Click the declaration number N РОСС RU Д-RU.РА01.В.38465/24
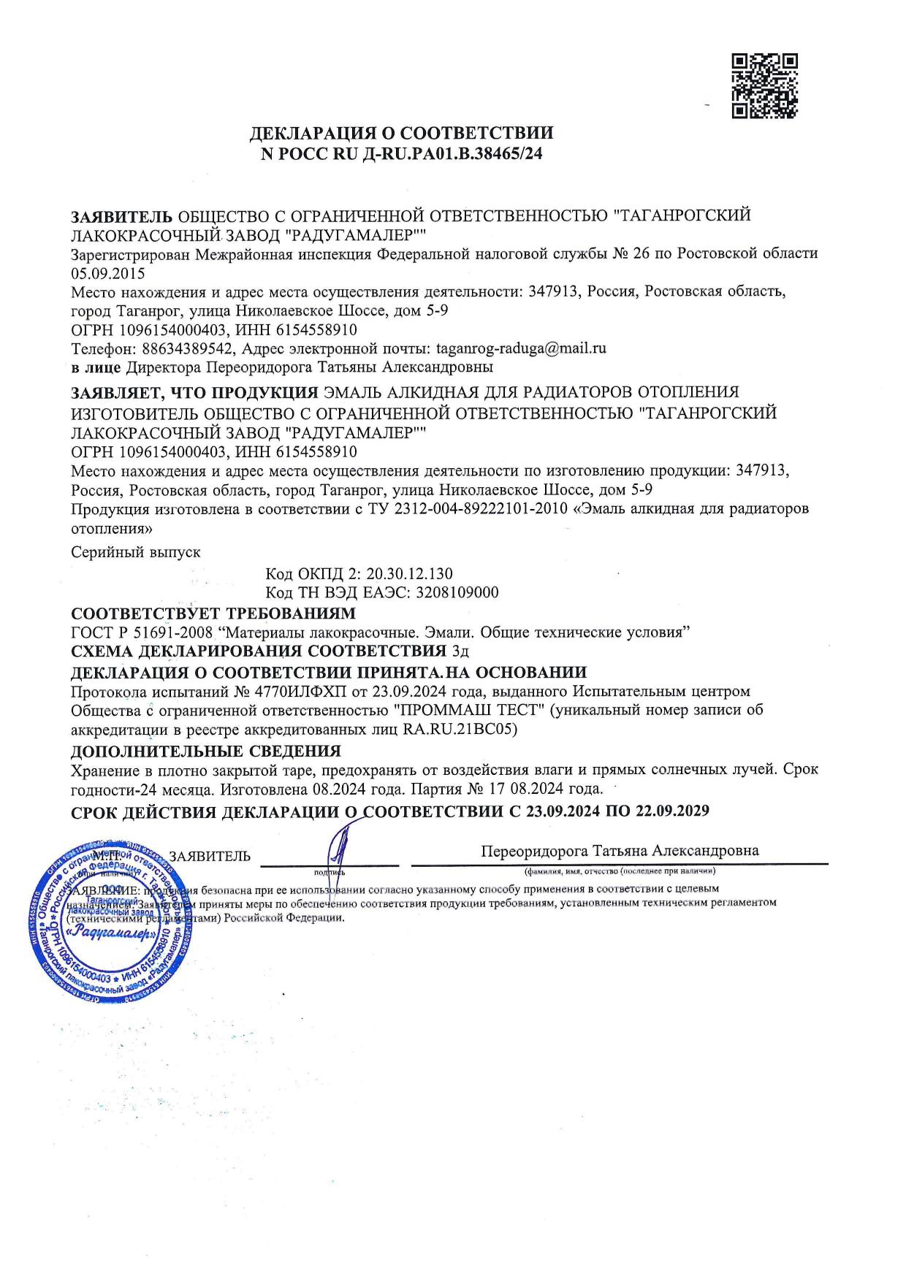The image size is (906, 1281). tap(401, 153)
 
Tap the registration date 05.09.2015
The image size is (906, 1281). tap(107, 274)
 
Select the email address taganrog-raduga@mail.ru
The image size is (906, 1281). tap(521, 348)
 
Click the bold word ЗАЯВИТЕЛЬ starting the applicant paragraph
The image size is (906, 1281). tap(121, 216)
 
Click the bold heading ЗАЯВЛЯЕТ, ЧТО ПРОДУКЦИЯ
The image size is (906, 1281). tap(194, 391)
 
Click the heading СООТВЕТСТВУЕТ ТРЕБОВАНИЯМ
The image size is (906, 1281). tap(213, 612)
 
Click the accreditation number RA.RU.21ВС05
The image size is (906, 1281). tap(460, 729)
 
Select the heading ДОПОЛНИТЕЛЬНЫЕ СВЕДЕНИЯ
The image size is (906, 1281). tap(205, 751)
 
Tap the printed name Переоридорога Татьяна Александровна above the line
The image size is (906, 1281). tap(620, 851)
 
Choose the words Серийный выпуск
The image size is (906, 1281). tap(135, 553)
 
